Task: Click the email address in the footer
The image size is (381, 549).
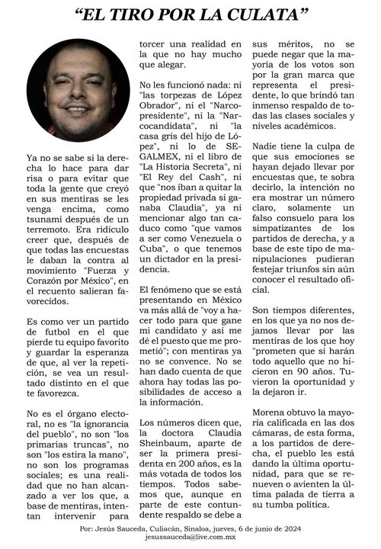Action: tap(190, 539)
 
